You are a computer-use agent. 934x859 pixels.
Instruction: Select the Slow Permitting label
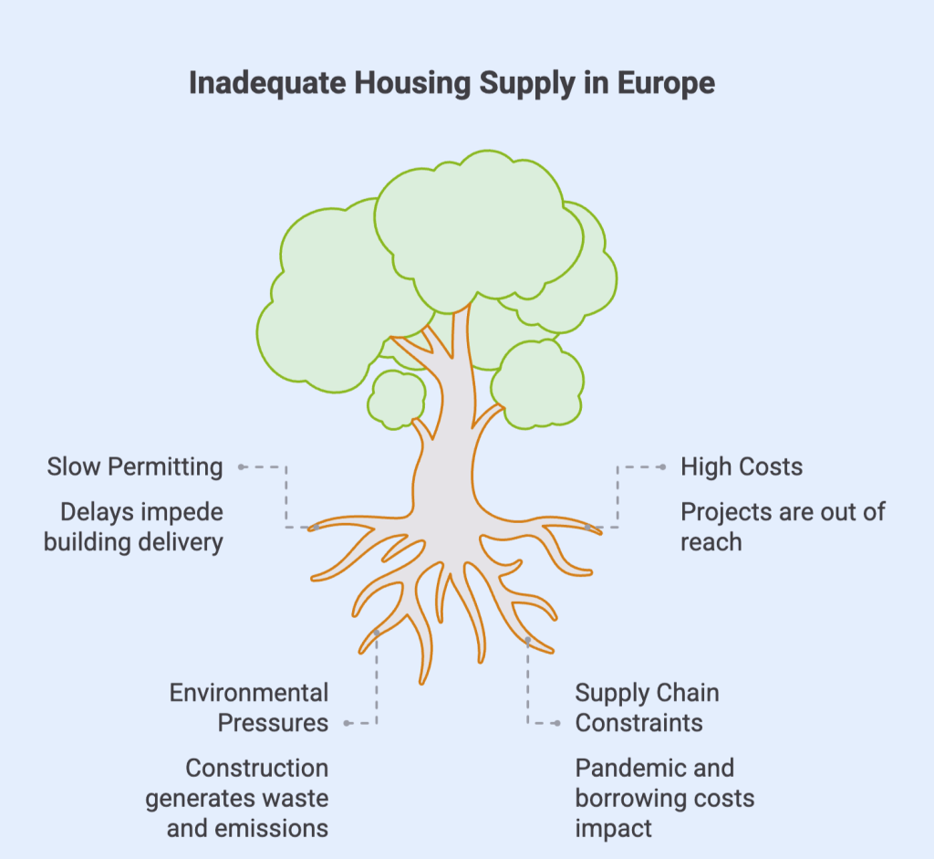coord(135,466)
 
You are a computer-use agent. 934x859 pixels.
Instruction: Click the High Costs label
coord(742,466)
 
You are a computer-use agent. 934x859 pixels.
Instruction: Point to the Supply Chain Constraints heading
coord(647,707)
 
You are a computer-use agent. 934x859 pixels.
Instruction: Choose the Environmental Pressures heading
coord(249,707)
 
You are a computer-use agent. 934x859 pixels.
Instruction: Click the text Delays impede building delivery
coord(135,526)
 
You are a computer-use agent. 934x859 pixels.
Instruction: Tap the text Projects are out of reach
coord(783,526)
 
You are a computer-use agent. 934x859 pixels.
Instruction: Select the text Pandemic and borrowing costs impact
coord(665,798)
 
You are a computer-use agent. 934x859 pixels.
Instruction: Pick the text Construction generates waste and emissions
coord(237,798)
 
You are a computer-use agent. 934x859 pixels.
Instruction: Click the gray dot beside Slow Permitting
coord(242,466)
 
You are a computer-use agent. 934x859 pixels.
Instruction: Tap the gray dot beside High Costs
coord(662,466)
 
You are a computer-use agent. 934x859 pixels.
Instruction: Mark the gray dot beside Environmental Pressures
coord(347,723)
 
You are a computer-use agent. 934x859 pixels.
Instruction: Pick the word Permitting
coord(165,466)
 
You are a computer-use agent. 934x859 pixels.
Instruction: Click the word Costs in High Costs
coord(772,466)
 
